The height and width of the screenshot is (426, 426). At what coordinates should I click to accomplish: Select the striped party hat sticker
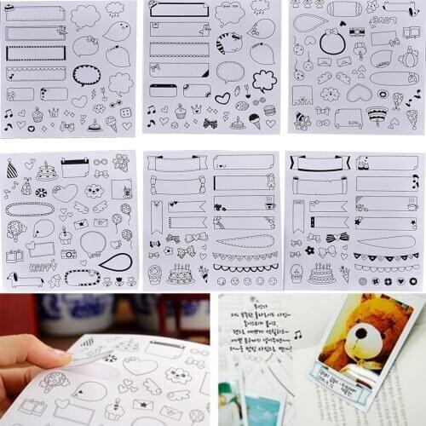[x=11, y=170]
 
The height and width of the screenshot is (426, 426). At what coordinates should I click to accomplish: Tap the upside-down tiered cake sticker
[x=376, y=113]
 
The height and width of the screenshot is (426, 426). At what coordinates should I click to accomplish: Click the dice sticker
[x=126, y=111]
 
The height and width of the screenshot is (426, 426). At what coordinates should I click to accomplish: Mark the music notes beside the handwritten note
[x=298, y=335]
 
